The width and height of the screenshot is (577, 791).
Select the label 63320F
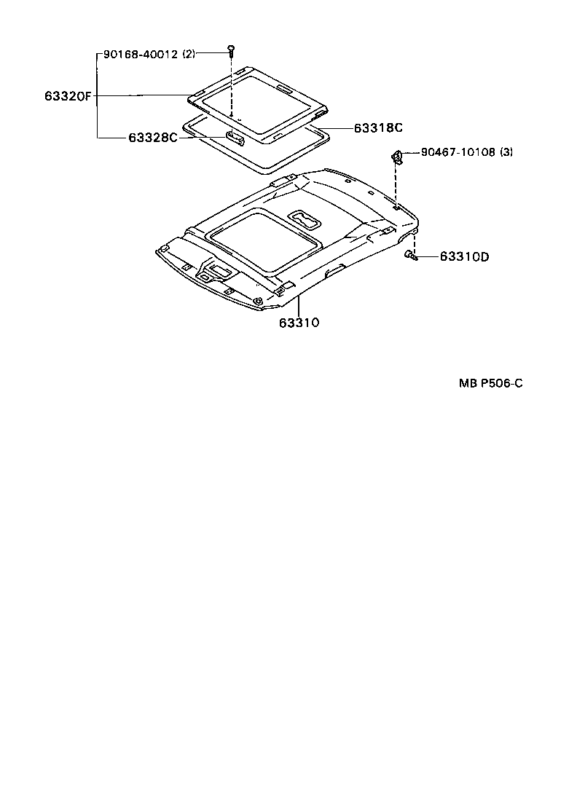66,95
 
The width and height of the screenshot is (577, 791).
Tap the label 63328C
153,137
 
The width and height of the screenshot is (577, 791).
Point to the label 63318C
378,128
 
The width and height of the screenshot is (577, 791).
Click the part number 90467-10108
458,153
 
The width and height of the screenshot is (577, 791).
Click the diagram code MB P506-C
490,384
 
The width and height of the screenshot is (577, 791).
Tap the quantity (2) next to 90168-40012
188,53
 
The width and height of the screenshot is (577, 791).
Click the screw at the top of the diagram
231,50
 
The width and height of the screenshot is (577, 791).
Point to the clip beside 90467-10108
397,154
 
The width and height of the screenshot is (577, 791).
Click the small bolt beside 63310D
410,256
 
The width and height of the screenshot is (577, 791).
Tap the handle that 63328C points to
235,136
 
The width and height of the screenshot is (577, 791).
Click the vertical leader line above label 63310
299,305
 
